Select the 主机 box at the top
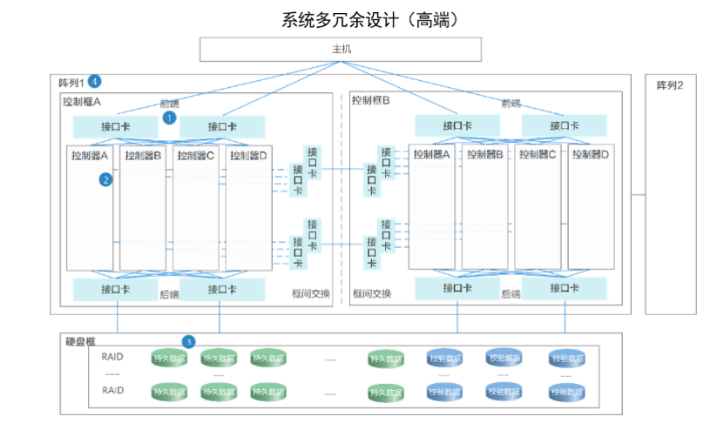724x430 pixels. (341, 49)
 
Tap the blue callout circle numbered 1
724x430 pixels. (170, 116)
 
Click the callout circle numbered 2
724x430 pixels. (105, 179)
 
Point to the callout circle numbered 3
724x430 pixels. (188, 342)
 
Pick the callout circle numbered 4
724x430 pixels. (95, 82)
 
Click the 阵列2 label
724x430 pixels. (670, 85)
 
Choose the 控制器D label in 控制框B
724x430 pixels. (591, 154)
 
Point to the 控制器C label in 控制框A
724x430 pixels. (196, 155)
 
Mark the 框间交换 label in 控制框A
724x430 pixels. (311, 293)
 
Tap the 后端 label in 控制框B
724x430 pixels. (511, 293)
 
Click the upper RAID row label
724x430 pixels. (113, 357)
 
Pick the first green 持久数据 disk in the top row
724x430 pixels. (169, 358)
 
